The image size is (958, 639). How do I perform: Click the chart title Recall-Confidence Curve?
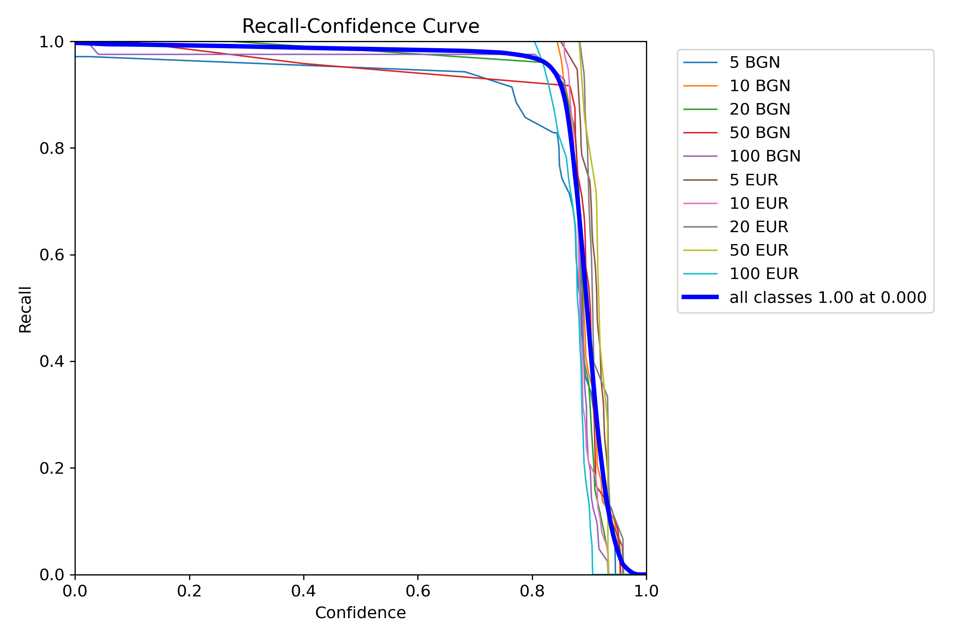360,26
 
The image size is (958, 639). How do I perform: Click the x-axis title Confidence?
360,613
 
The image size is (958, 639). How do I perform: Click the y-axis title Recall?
25,309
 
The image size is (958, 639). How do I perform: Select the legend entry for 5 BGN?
754,63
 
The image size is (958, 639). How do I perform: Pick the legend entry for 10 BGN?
760,86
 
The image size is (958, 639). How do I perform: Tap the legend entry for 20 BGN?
760,109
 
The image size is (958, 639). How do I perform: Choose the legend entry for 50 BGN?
760,133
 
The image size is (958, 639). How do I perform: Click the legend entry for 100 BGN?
765,156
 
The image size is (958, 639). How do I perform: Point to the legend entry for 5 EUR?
754,180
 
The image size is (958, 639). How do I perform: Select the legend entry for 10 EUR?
759,204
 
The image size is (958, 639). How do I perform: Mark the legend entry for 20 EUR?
759,227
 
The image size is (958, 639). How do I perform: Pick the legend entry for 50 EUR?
759,250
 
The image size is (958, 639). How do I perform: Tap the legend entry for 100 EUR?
764,274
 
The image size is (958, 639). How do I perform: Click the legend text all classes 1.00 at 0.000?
828,297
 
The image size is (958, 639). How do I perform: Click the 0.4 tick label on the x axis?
304,591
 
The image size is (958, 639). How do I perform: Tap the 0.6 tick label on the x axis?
418,591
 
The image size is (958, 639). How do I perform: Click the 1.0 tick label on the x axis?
646,591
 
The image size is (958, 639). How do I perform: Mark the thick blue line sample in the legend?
700,297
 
